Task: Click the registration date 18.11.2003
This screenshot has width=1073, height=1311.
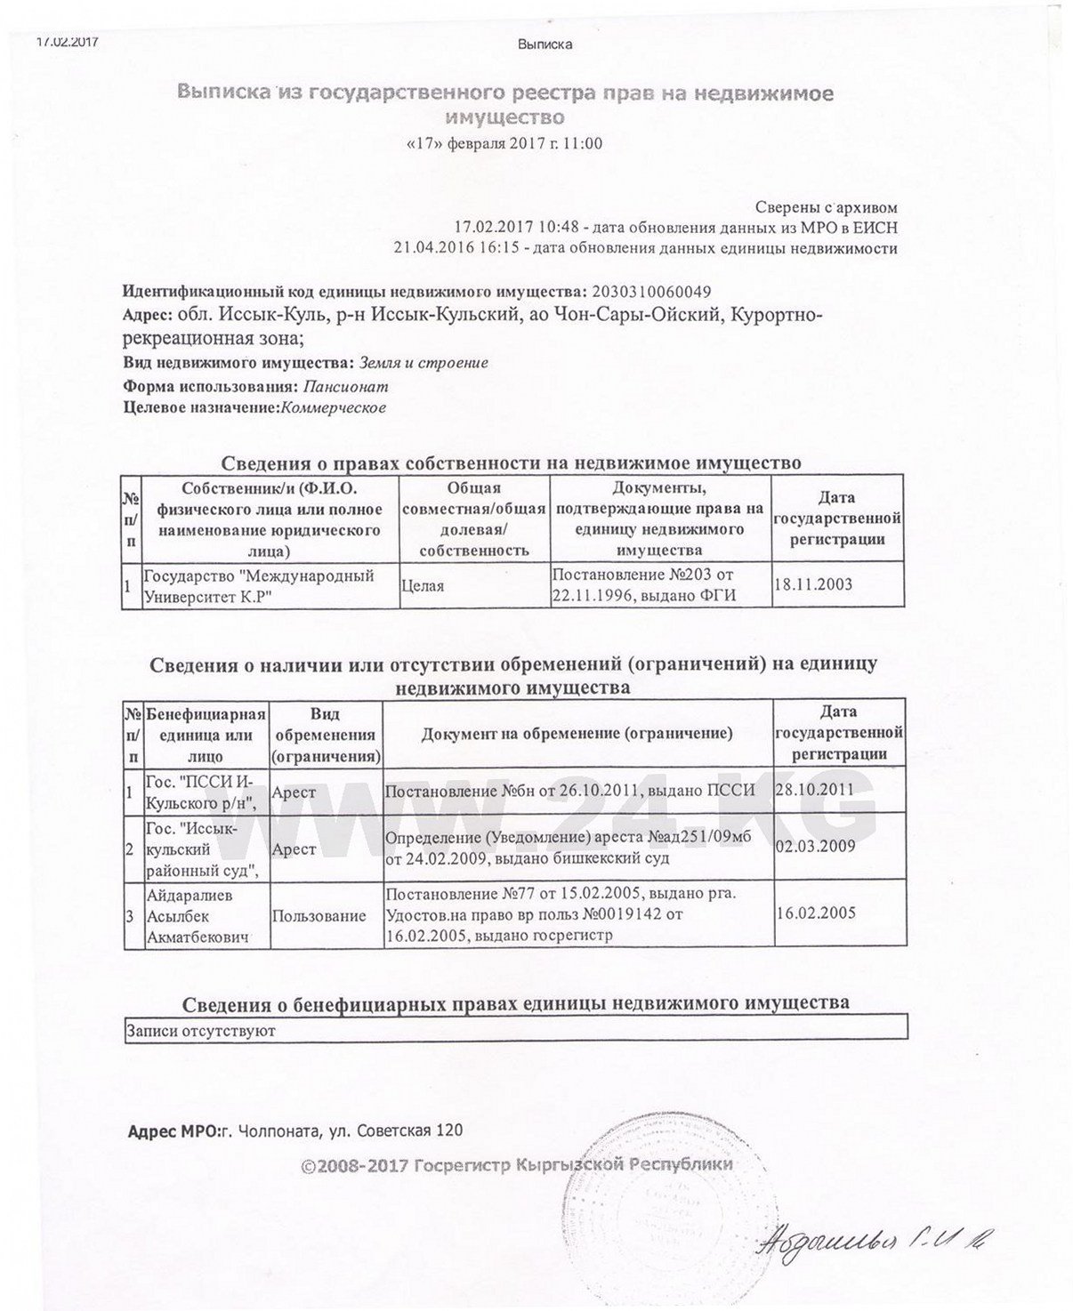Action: [813, 584]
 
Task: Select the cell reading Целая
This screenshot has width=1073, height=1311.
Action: [424, 586]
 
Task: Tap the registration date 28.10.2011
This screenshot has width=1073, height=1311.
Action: [815, 789]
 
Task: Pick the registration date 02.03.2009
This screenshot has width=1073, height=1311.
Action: [815, 847]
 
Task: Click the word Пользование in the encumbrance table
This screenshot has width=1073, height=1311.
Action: [319, 916]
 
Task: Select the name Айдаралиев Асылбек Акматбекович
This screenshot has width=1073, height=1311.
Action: [197, 916]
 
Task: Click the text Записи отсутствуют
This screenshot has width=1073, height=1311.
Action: [201, 1031]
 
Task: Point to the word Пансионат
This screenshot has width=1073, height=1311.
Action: [346, 387]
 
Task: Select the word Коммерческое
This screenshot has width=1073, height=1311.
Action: [333, 408]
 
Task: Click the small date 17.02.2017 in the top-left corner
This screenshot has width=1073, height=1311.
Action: [67, 41]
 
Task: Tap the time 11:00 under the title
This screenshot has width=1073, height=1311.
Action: [585, 143]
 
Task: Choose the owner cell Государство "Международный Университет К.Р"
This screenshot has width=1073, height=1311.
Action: [259, 585]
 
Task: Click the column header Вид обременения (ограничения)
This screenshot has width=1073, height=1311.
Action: [326, 735]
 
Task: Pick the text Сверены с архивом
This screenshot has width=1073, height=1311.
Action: [827, 207]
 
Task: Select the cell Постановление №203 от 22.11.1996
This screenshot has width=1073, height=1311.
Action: [644, 585]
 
